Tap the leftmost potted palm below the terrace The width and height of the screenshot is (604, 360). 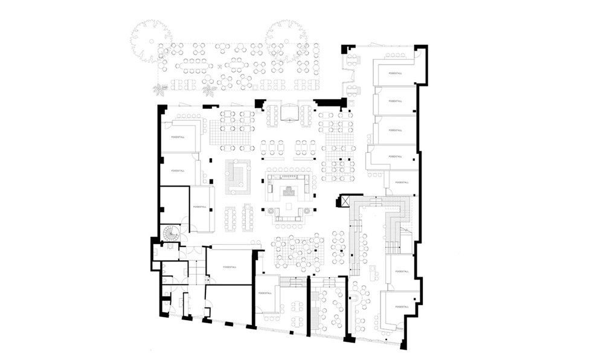coord(160,90)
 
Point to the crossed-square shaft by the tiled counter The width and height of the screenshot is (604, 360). coord(348,201)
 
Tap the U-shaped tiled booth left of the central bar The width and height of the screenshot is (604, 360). coord(238,175)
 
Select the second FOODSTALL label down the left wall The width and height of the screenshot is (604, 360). coord(178,171)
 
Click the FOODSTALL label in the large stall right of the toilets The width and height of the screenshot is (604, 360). coord(228,266)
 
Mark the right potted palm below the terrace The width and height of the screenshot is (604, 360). coord(209,91)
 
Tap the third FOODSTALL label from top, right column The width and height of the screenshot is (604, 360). coord(396,129)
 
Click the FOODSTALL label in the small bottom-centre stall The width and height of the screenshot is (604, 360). coord(265,293)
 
